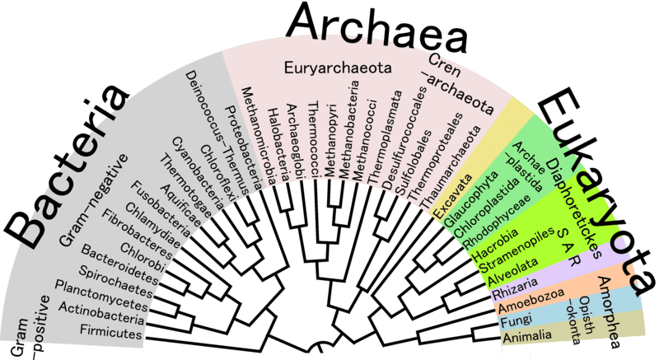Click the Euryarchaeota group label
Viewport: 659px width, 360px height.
tap(338, 68)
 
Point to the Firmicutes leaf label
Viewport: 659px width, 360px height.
tap(111, 331)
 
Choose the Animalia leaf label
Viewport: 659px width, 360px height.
tap(527, 335)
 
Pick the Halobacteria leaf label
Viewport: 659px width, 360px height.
tap(278, 145)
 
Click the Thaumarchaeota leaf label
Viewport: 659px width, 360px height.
tap(451, 167)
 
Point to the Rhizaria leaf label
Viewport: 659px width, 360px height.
tap(515, 288)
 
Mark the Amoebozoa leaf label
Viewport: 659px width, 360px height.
tap(530, 301)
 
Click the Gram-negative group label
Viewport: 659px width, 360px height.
tap(94, 199)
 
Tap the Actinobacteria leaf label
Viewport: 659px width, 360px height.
tap(101, 313)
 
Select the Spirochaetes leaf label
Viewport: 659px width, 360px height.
tap(115, 282)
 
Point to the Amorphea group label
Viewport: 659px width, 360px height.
tap(609, 312)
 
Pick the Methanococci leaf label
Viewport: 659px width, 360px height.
tap(364, 140)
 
